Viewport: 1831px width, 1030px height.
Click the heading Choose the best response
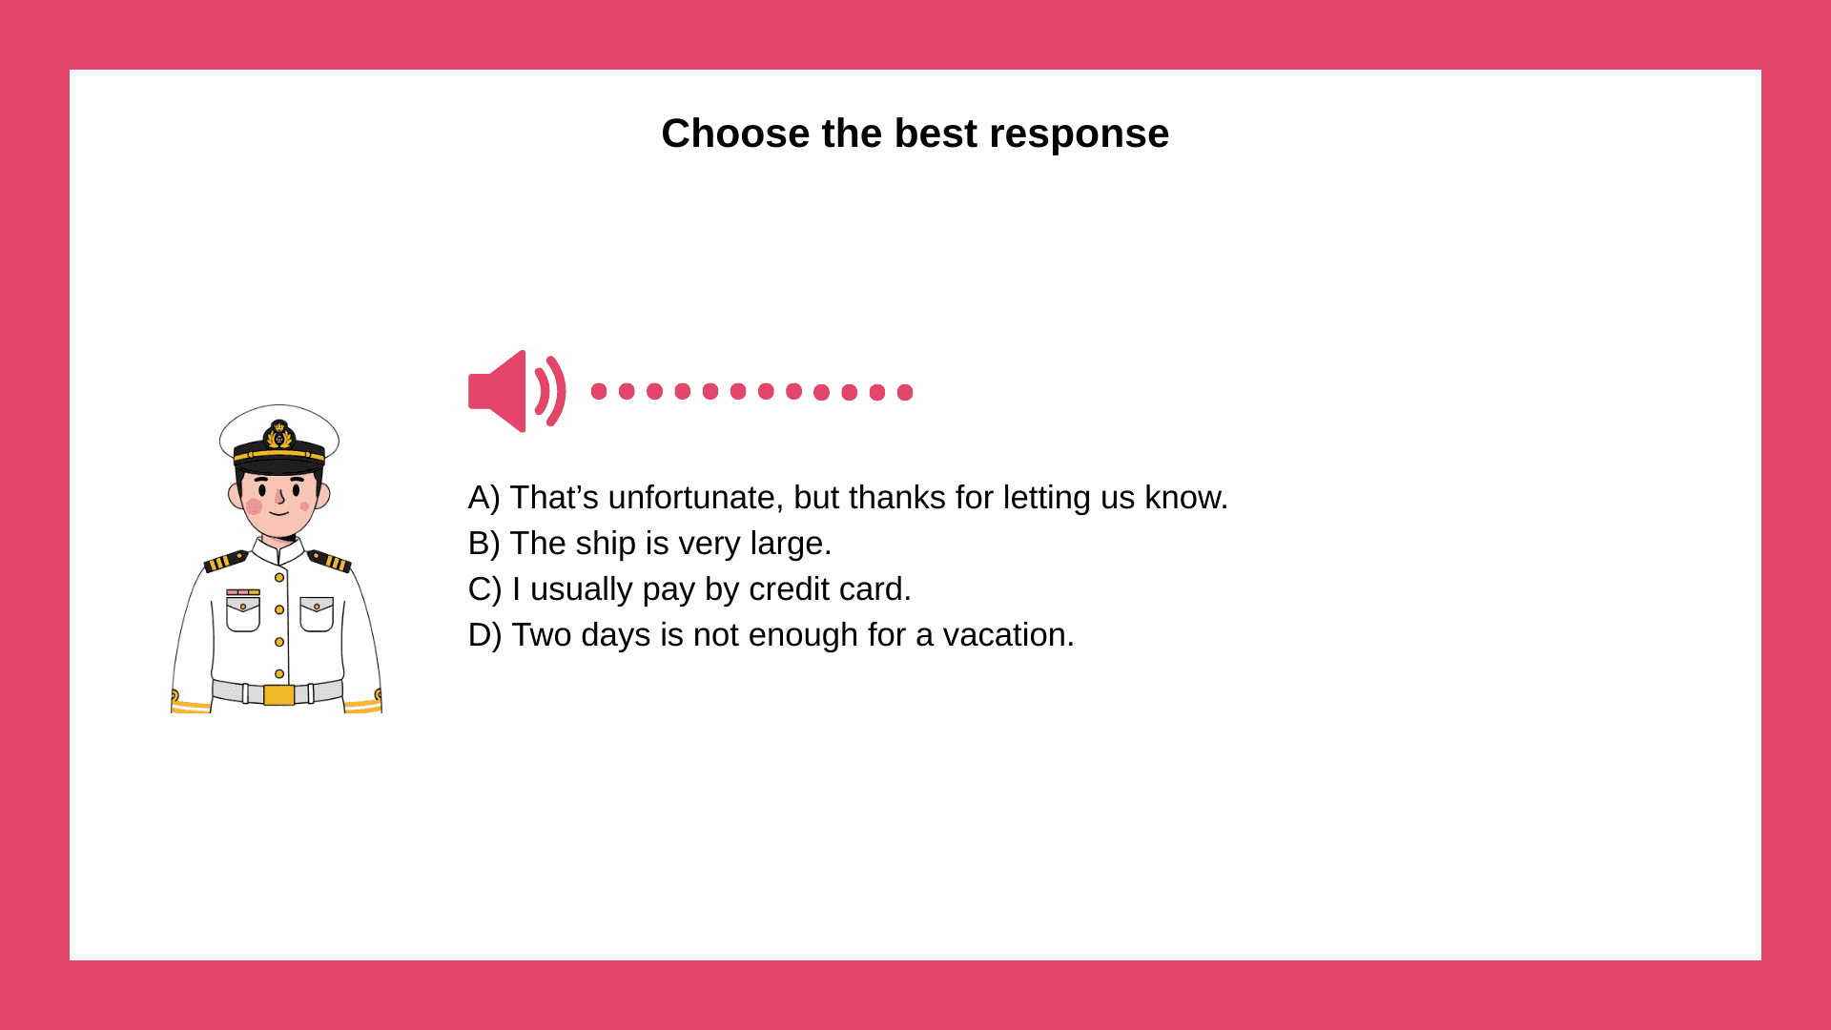915,134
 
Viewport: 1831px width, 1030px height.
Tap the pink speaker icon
517,391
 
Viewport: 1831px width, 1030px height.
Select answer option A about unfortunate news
848,498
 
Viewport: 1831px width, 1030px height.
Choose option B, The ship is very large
649,544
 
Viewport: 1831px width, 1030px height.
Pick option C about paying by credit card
689,589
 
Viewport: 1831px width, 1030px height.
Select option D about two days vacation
771,635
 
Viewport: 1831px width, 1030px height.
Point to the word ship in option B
606,545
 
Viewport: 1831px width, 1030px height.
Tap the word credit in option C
789,589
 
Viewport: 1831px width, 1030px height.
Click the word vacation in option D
1008,635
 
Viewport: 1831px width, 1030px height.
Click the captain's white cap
279,434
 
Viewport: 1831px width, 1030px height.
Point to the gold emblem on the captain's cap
279,435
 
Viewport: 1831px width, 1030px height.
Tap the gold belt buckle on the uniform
278,695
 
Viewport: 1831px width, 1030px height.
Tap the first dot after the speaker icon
599,391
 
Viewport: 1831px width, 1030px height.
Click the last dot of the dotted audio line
905,392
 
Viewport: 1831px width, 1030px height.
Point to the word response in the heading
1080,134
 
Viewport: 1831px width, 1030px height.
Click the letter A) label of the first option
483,498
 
